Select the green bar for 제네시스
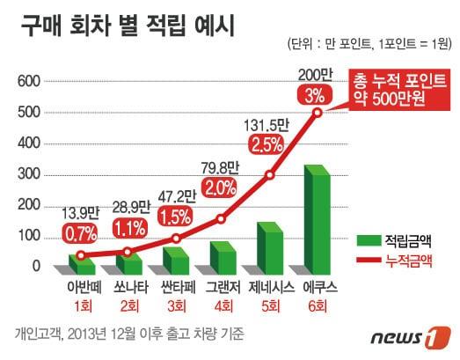[x=268, y=248]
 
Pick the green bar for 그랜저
[x=223, y=258]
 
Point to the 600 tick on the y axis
[x=29, y=82]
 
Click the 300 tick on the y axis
[x=29, y=174]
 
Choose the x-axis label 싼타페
[x=176, y=287]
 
